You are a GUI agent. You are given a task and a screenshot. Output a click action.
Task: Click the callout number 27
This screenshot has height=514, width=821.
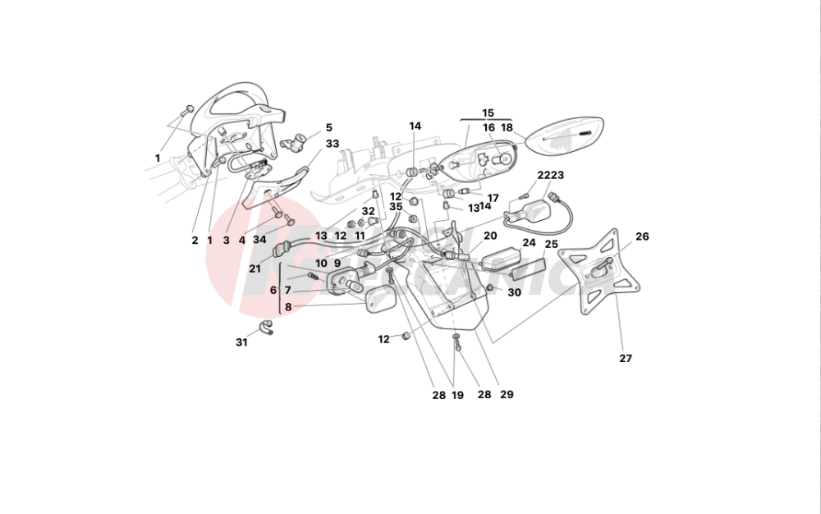[626, 359]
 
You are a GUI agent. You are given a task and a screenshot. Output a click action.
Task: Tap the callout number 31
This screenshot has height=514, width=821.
[241, 342]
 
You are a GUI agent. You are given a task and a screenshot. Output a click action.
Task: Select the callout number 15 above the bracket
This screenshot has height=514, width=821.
[488, 112]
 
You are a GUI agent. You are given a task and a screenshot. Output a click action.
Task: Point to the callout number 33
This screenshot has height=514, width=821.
[332, 144]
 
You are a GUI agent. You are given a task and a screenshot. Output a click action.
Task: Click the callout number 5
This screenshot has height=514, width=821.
[328, 128]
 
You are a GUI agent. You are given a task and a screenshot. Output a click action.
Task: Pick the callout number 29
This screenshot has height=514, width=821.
[507, 395]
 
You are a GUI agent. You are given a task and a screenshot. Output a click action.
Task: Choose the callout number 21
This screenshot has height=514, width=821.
[255, 269]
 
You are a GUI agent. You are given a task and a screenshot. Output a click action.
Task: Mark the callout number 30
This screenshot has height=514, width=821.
[514, 293]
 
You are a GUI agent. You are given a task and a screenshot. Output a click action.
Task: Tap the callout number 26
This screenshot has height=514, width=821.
[642, 236]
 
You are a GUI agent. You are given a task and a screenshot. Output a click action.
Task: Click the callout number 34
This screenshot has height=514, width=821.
[259, 241]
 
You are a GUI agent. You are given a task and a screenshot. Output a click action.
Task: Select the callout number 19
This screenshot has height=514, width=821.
[457, 395]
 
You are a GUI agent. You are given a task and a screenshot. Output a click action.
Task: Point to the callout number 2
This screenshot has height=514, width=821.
[195, 241]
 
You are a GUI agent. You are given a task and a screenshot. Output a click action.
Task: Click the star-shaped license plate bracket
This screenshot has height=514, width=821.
[601, 270]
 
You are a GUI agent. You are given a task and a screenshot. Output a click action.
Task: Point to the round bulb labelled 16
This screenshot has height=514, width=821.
[502, 158]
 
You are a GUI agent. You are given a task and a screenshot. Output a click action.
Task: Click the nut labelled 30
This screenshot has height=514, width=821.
[491, 289]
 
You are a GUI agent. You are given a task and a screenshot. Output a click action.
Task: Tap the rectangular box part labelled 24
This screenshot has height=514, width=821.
[500, 259]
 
